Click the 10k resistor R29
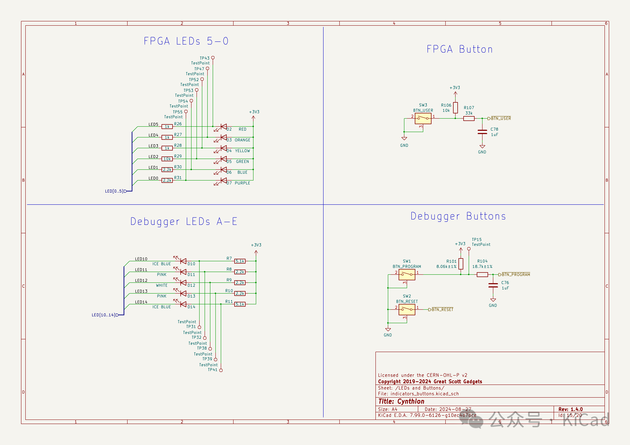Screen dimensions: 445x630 pos(167,159)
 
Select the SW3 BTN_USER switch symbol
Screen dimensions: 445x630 pos(423,119)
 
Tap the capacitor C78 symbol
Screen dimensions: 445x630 pos(482,132)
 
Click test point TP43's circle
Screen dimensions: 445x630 pos(213,58)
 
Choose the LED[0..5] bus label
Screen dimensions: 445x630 pos(114,191)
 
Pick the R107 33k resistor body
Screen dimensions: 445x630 pos(469,119)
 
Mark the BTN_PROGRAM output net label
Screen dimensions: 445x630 pos(516,275)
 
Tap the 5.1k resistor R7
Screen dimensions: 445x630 pos(240,261)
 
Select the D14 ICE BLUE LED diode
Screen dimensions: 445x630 pos(183,304)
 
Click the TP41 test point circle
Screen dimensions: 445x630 pos(221,370)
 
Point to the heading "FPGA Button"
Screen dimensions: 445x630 pos(460,49)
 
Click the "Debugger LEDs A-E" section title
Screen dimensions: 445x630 pos(184,221)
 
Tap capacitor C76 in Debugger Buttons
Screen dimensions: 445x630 pos(493,285)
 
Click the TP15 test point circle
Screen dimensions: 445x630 pos(469,249)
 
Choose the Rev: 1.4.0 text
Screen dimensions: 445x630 pos(571,409)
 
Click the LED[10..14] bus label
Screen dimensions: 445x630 pos(103,315)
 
